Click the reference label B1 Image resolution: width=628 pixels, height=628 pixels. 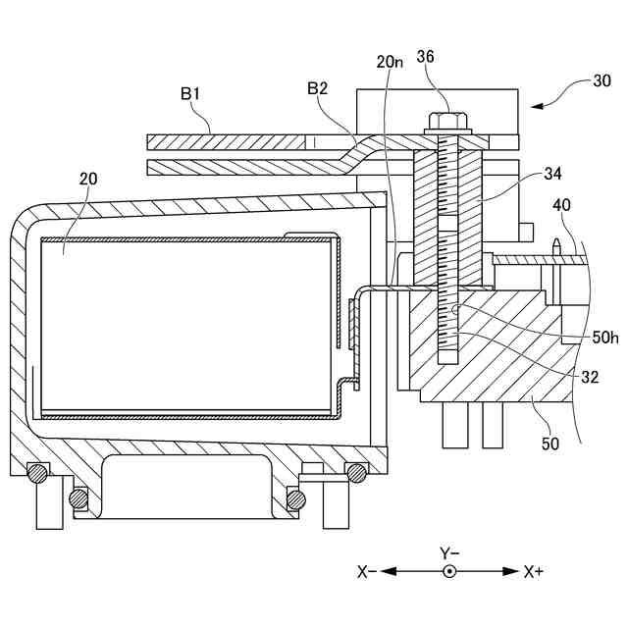coord(190,94)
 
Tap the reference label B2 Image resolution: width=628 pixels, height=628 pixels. coord(317,88)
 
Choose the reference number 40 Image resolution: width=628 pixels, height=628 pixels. coord(561,205)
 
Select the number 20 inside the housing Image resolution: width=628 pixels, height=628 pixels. coord(88,179)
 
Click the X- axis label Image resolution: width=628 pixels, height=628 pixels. coord(367,571)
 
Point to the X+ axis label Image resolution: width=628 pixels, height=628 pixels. coord(535,571)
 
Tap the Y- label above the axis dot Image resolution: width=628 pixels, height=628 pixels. coord(450,552)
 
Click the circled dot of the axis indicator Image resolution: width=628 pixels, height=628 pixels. coord(450,571)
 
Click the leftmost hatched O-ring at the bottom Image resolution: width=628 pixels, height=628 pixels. coord(37,472)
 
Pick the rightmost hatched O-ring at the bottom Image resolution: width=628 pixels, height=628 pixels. coord(357,473)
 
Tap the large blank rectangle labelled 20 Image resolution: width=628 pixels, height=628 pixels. coord(186,324)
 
